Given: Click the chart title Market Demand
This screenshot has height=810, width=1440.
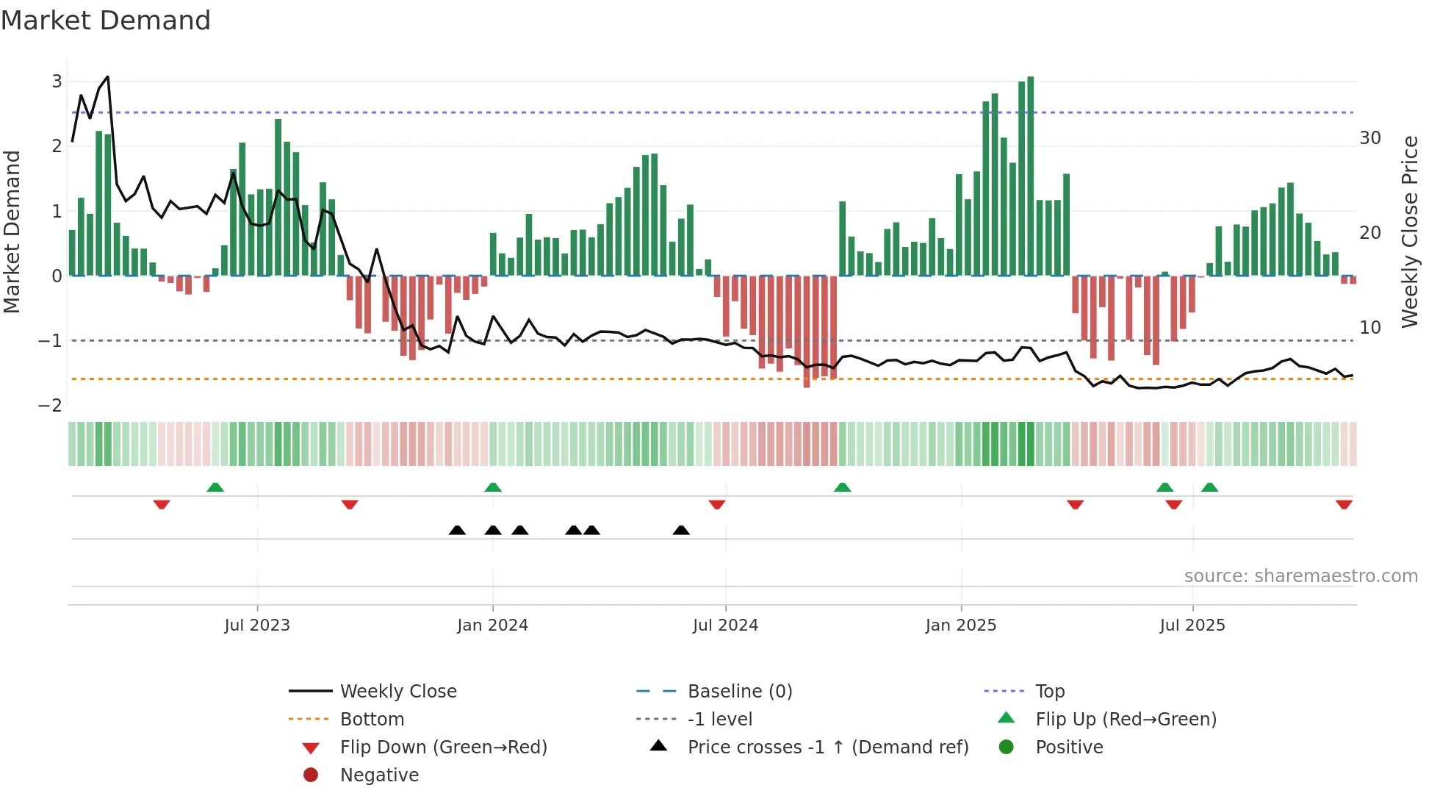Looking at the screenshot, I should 106,21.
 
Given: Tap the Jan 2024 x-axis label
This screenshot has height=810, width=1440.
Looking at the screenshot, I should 492,626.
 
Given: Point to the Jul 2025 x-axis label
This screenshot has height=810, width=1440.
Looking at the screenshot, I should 1192,626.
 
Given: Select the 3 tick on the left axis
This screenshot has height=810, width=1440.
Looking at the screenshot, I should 57,82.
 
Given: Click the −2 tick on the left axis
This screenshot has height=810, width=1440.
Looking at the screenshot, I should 50,406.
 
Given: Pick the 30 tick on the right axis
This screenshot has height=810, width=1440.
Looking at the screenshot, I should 1369,138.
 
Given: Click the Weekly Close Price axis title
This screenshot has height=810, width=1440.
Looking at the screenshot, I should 1409,232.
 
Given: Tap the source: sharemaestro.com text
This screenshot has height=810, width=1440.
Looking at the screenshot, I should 1300,576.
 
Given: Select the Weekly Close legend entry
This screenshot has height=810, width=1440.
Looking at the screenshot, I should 397,692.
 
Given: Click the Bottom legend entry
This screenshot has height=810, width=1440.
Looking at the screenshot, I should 372,720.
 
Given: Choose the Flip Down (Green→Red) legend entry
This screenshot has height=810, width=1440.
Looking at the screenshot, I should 443,748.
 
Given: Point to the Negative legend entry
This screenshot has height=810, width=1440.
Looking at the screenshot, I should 379,775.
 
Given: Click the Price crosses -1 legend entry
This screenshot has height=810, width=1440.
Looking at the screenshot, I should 827,748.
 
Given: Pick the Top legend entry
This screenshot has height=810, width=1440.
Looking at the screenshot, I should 1049,692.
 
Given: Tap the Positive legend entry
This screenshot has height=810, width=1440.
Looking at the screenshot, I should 1068,748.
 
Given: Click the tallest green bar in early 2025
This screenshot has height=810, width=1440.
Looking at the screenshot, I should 1030,176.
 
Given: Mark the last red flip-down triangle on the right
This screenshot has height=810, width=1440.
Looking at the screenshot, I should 1344,504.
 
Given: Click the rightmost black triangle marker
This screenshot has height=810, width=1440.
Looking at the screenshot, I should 681,530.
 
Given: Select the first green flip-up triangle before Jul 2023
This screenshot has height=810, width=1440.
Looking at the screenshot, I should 215,487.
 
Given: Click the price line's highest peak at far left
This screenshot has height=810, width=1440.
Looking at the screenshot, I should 108,77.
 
